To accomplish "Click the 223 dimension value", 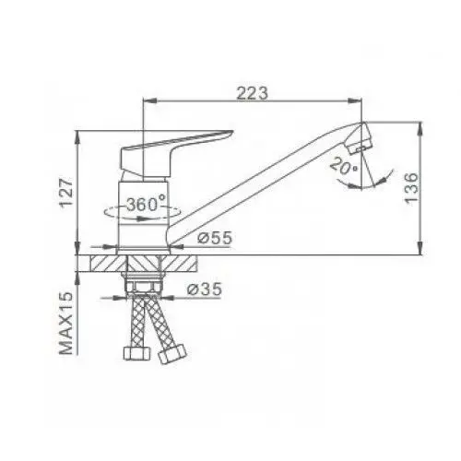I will coord(251,92).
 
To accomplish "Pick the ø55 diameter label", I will coord(214,239).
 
